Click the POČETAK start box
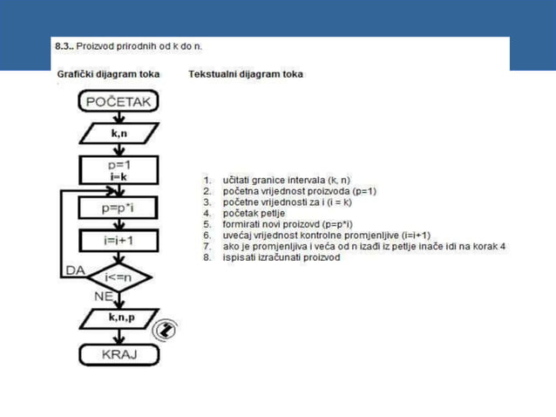(x=119, y=103)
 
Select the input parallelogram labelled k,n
(x=119, y=133)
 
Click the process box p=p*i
(x=119, y=208)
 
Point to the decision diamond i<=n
(x=119, y=277)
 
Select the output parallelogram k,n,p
(x=119, y=320)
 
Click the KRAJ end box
(x=119, y=356)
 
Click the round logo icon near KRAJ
(x=163, y=330)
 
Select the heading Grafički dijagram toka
(x=109, y=74)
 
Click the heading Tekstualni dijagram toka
(x=246, y=74)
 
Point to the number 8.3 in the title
(x=64, y=44)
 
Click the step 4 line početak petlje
(x=253, y=213)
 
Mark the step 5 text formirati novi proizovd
(x=287, y=224)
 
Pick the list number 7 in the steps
(x=207, y=246)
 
